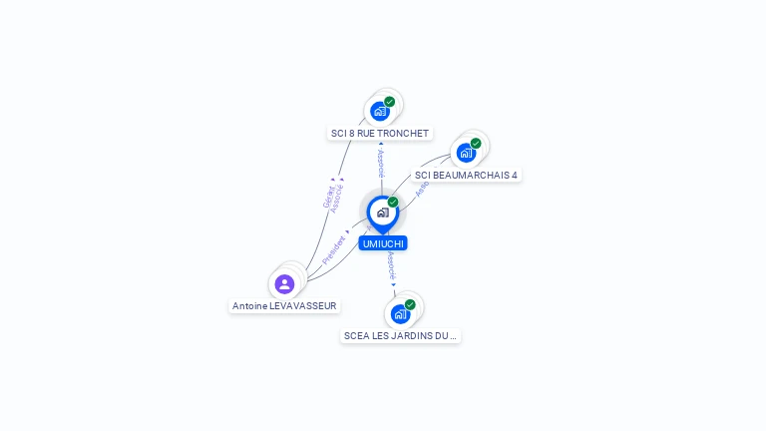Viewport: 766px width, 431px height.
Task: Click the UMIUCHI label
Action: pos(383,243)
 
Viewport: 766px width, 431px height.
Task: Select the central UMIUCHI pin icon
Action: pos(382,213)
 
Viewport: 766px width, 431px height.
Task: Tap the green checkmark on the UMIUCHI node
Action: pos(393,203)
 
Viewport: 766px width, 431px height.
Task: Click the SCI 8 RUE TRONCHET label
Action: pos(380,134)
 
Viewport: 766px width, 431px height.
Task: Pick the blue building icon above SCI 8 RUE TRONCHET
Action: pos(379,111)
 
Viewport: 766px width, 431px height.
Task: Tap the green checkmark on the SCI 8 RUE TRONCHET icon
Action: pos(389,102)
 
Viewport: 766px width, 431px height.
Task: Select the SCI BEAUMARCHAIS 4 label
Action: pos(466,176)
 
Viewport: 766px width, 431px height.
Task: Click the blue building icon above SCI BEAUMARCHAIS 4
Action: pos(465,153)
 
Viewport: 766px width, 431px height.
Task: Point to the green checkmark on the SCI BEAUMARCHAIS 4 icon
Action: pos(476,144)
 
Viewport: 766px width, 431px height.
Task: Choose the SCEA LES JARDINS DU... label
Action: pos(400,336)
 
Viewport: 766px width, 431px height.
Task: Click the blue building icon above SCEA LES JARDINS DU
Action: pos(400,314)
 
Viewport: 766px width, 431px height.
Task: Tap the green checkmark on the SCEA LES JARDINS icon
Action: pos(410,304)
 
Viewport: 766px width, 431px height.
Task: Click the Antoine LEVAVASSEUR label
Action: pos(284,306)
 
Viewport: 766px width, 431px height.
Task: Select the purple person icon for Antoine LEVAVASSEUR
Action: pos(284,283)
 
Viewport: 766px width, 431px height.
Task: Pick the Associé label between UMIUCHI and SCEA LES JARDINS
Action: pos(392,264)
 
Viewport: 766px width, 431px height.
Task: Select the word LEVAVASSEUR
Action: pos(303,306)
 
